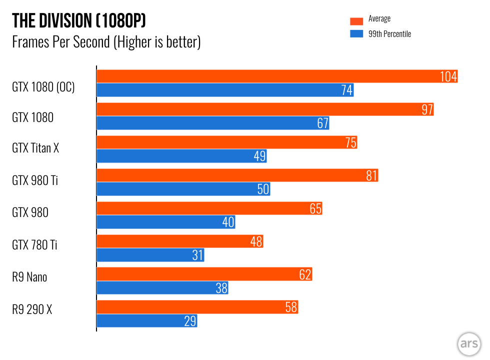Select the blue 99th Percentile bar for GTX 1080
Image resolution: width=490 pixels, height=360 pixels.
[x=212, y=123]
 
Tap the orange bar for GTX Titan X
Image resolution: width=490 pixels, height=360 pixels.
[x=226, y=142]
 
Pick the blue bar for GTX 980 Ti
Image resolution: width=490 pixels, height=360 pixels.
[x=183, y=189]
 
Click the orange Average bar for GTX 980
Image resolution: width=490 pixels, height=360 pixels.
[x=209, y=208]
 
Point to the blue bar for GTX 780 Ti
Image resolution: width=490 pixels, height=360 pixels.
[x=150, y=255]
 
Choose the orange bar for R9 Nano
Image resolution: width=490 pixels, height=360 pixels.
[x=204, y=274]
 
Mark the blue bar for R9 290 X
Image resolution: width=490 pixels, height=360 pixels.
[x=146, y=321]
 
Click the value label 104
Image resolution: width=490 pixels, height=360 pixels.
[x=448, y=76]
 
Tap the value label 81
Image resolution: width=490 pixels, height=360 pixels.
[x=370, y=175]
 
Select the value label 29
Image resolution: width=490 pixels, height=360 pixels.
[x=190, y=321]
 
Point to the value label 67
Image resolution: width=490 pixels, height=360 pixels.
[x=322, y=123]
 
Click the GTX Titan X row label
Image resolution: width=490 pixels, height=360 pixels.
[x=35, y=148]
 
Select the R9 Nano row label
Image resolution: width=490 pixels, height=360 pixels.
[x=29, y=276]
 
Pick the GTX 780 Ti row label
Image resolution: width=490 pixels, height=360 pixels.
[x=34, y=244]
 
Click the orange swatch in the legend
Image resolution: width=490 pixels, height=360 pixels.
[x=356, y=21]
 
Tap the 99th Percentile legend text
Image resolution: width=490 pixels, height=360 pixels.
[x=389, y=34]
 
